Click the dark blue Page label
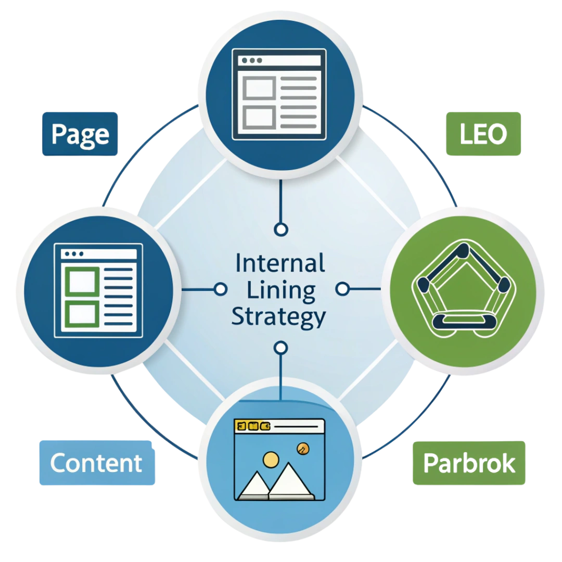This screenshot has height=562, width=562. click(80, 134)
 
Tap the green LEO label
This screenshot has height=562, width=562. click(483, 134)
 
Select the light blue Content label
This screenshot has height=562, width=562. click(97, 463)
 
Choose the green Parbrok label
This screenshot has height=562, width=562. click(469, 463)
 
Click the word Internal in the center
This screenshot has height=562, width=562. click(280, 263)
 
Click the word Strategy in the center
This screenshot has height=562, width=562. click(278, 317)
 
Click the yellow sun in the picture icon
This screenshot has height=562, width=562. click(271, 458)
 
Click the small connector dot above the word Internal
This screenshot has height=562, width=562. click(281, 229)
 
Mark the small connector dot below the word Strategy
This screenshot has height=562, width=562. click(281, 348)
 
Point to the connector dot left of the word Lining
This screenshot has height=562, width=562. click(221, 289)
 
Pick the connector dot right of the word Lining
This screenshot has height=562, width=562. click(342, 289)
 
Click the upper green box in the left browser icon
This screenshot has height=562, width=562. click(81, 281)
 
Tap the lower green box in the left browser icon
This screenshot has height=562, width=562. click(81, 313)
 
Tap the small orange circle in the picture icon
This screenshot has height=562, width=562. click(301, 448)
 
